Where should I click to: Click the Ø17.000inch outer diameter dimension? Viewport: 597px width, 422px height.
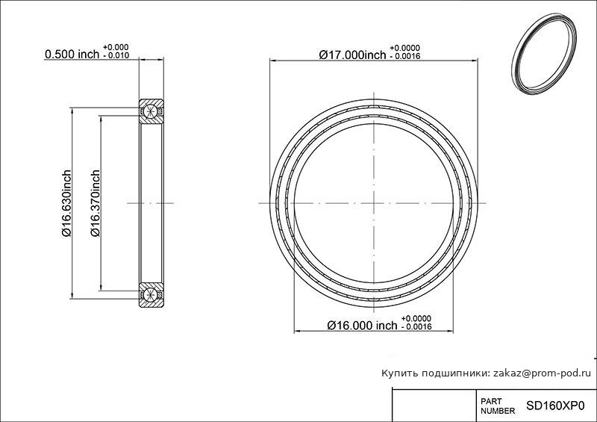[352, 55]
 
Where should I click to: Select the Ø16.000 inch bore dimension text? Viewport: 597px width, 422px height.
[362, 325]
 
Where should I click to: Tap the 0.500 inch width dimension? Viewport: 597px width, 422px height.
[72, 54]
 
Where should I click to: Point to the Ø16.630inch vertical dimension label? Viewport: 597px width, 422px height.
[66, 203]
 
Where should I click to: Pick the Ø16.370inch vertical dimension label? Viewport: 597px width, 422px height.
[96, 203]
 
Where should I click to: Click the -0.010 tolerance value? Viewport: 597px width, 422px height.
[116, 56]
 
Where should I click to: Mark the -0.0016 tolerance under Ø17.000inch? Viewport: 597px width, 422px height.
[405, 57]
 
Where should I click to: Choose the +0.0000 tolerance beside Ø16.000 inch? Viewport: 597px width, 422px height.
[416, 318]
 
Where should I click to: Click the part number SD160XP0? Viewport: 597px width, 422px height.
[555, 406]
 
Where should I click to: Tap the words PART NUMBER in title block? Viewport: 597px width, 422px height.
[498, 406]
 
